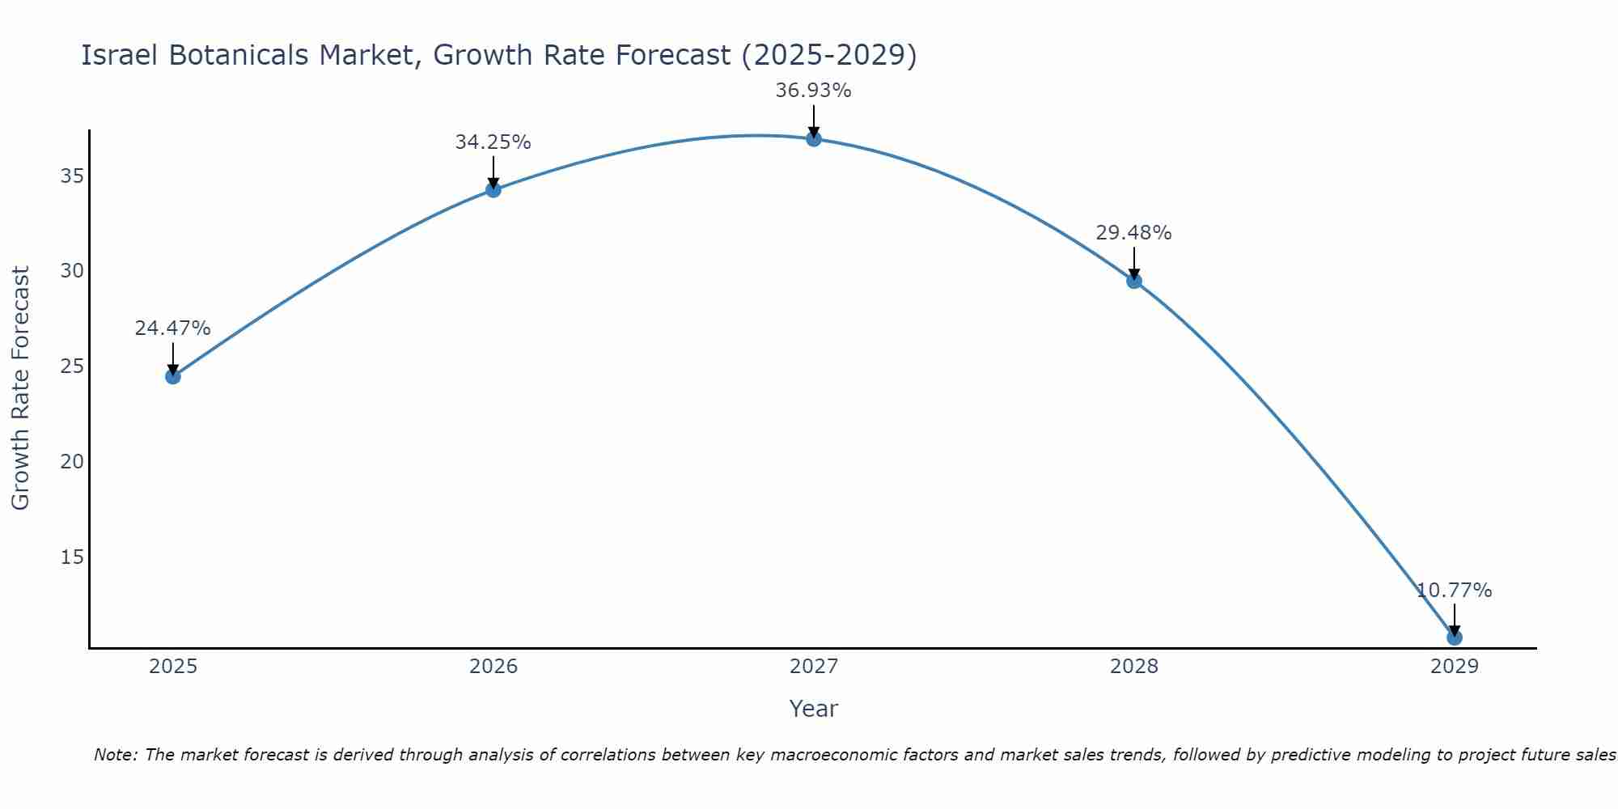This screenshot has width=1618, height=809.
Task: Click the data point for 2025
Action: (172, 376)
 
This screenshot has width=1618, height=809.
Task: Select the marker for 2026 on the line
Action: (493, 190)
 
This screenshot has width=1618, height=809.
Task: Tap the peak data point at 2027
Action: (814, 139)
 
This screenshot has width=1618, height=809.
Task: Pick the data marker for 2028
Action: (1134, 281)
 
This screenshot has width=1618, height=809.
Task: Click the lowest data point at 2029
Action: (1455, 637)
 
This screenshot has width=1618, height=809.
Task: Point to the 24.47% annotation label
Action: (172, 328)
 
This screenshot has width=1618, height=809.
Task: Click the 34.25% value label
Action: (493, 142)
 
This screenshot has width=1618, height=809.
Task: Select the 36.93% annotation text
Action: (813, 91)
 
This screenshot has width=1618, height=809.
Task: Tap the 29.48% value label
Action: (1133, 233)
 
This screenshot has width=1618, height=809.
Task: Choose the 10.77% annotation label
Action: (1454, 591)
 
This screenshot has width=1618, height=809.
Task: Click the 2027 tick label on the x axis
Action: (814, 667)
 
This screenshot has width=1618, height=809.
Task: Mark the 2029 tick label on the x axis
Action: (1455, 667)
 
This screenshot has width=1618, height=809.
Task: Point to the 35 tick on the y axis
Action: (71, 176)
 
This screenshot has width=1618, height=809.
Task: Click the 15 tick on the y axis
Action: (71, 557)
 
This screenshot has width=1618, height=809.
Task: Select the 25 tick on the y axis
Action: (71, 366)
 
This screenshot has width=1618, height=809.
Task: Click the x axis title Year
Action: (813, 709)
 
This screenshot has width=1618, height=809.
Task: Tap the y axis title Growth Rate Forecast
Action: (20, 388)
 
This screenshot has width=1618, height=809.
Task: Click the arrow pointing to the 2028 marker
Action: (1134, 263)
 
